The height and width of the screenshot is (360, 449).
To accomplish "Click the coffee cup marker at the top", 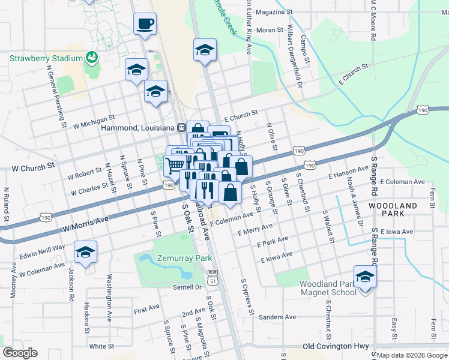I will pyautogui.click(x=145, y=25).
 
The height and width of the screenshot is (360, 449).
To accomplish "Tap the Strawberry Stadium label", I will pyautogui.click(x=46, y=58).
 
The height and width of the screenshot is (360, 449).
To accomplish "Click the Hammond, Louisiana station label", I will pyautogui.click(x=137, y=128).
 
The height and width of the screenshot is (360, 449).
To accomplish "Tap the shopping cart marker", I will pyautogui.click(x=175, y=163).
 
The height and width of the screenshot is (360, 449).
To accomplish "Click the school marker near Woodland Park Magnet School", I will pyautogui.click(x=364, y=277).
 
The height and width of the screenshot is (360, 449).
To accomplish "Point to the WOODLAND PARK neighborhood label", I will pyautogui.click(x=393, y=210).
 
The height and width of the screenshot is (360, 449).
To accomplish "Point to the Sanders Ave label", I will pyautogui.click(x=278, y=317).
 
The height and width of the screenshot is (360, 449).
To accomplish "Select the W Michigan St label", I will pyautogui.click(x=94, y=122).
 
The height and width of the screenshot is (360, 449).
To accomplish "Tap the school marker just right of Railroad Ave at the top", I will pyautogui.click(x=205, y=50).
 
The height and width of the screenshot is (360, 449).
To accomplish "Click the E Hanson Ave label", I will pyautogui.click(x=348, y=174).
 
